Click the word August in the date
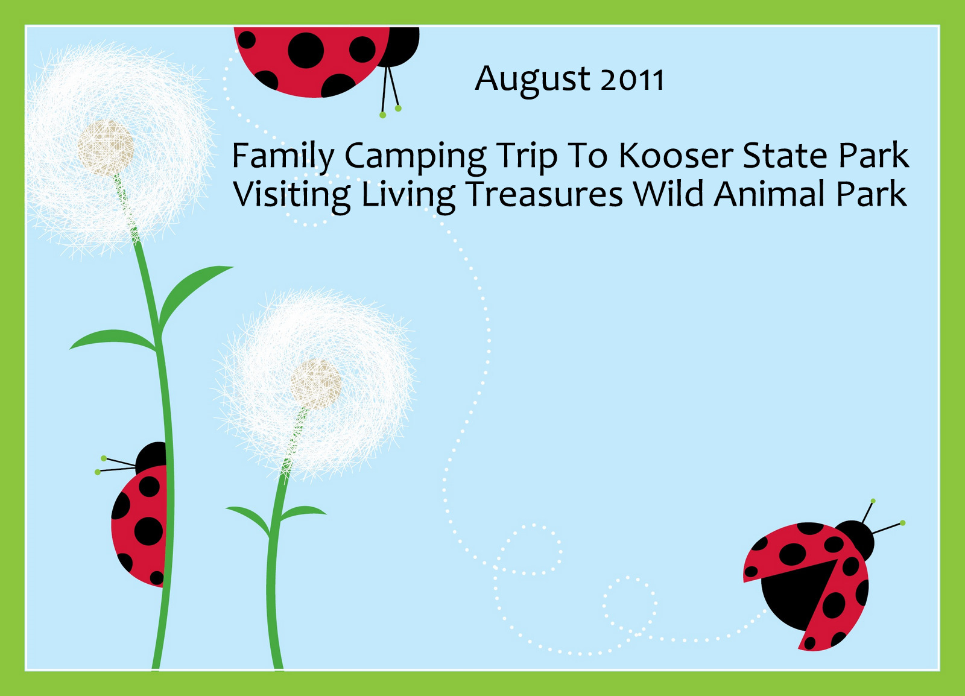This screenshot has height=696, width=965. coord(533,80)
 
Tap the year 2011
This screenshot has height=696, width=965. coord(633,80)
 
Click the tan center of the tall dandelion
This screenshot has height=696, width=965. coord(106,148)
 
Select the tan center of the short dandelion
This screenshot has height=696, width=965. coord(316,385)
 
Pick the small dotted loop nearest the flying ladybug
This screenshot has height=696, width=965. coord(630,605)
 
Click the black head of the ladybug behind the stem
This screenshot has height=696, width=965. coord(151,457)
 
